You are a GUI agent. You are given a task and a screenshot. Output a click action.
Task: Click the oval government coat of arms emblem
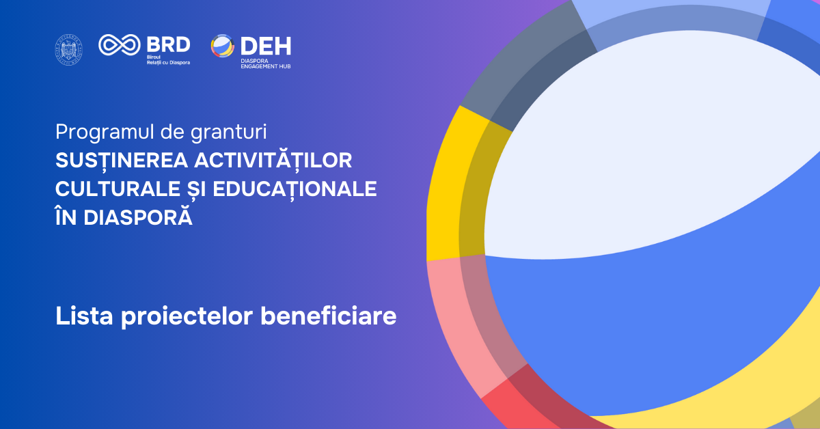[x=68, y=50]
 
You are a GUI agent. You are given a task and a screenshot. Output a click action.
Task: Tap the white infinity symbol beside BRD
[x=120, y=45]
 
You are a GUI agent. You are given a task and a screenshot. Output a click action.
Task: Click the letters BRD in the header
[x=168, y=44]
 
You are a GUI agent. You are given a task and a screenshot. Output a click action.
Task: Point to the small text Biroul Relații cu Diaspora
[x=168, y=59]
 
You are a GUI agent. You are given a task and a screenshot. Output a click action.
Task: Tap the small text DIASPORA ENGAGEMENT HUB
[x=265, y=64]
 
